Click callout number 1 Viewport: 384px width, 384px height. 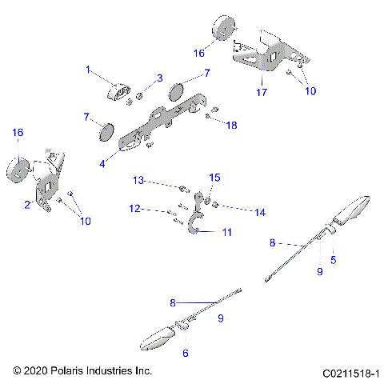click(x=89, y=70)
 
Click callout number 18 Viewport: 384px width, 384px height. click(x=232, y=126)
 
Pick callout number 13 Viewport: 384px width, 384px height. click(x=138, y=182)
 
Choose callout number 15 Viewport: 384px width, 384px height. click(x=214, y=177)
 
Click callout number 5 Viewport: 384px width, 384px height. click(x=334, y=259)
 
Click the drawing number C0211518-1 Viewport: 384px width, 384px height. click(x=352, y=372)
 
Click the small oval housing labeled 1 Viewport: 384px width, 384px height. click(x=121, y=92)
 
